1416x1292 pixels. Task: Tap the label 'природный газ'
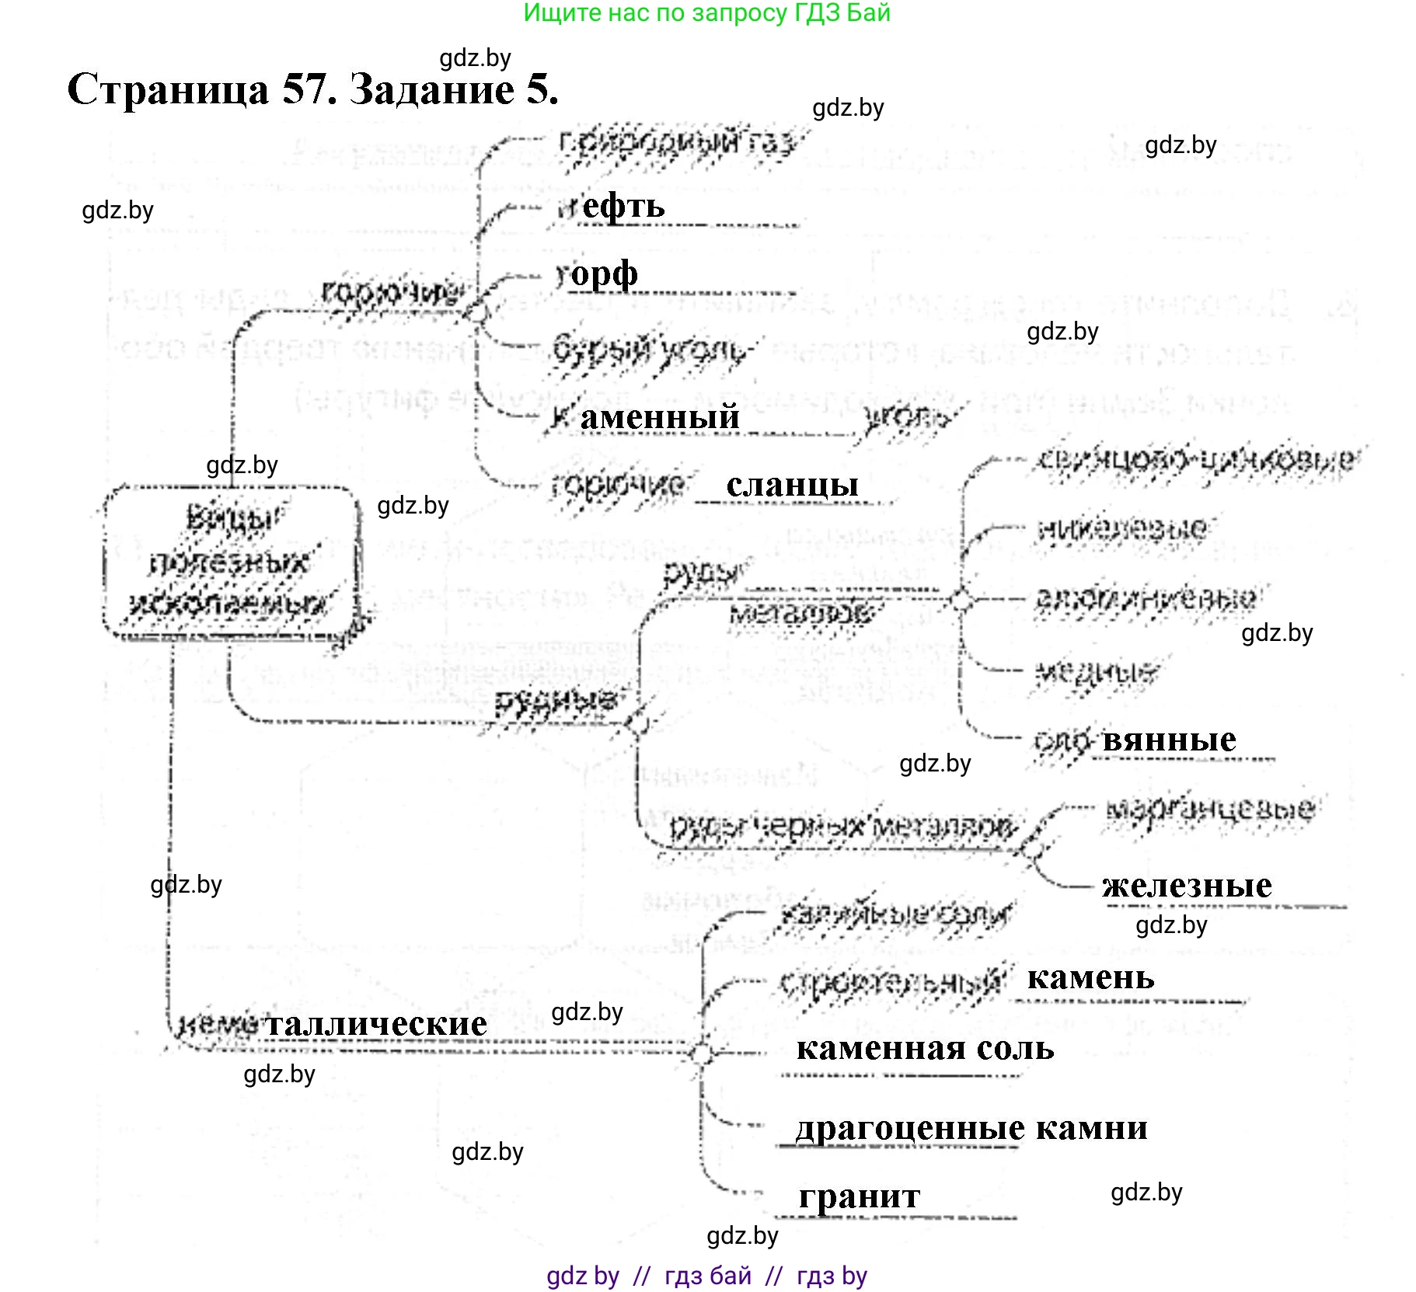pos(676,143)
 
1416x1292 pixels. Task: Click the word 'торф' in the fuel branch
pos(597,274)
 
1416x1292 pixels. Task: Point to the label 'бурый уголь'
pos(649,350)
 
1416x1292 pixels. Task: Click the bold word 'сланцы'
pos(792,485)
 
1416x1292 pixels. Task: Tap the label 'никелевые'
pos(1122,529)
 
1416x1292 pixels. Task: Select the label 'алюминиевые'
pos(1146,598)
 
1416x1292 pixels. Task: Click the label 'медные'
pos(1096,670)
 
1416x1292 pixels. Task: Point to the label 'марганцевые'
pos(1209,809)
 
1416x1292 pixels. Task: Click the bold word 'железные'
pos(1187,886)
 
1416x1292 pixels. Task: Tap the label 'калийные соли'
pos(895,914)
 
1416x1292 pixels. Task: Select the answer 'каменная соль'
pos(925,1049)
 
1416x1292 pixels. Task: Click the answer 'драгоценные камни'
pos(971,1128)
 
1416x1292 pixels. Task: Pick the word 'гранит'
pos(860,1196)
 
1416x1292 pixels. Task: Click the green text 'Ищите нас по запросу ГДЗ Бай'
pos(706,13)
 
